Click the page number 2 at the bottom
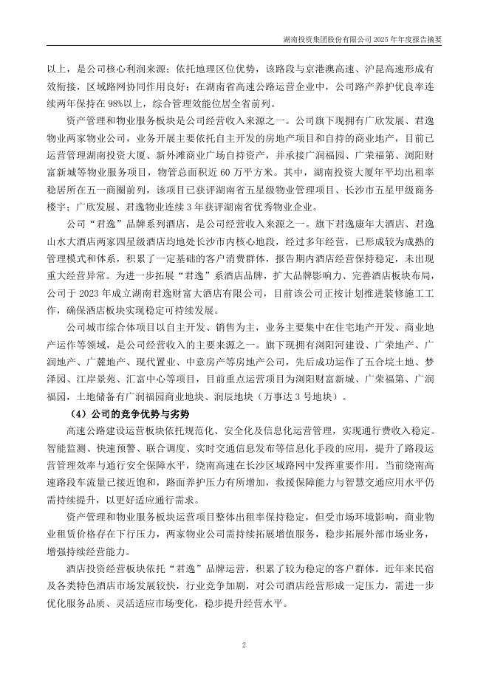tap(244, 645)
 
